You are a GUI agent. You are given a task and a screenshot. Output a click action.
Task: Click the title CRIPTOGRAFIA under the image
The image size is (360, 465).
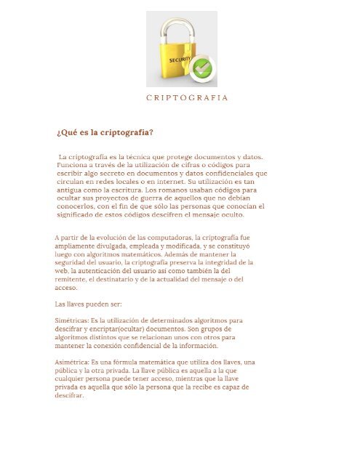187,97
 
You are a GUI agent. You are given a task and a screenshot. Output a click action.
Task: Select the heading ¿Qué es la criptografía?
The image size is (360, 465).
105,132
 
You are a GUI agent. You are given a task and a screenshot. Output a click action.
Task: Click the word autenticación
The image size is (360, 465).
103,270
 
